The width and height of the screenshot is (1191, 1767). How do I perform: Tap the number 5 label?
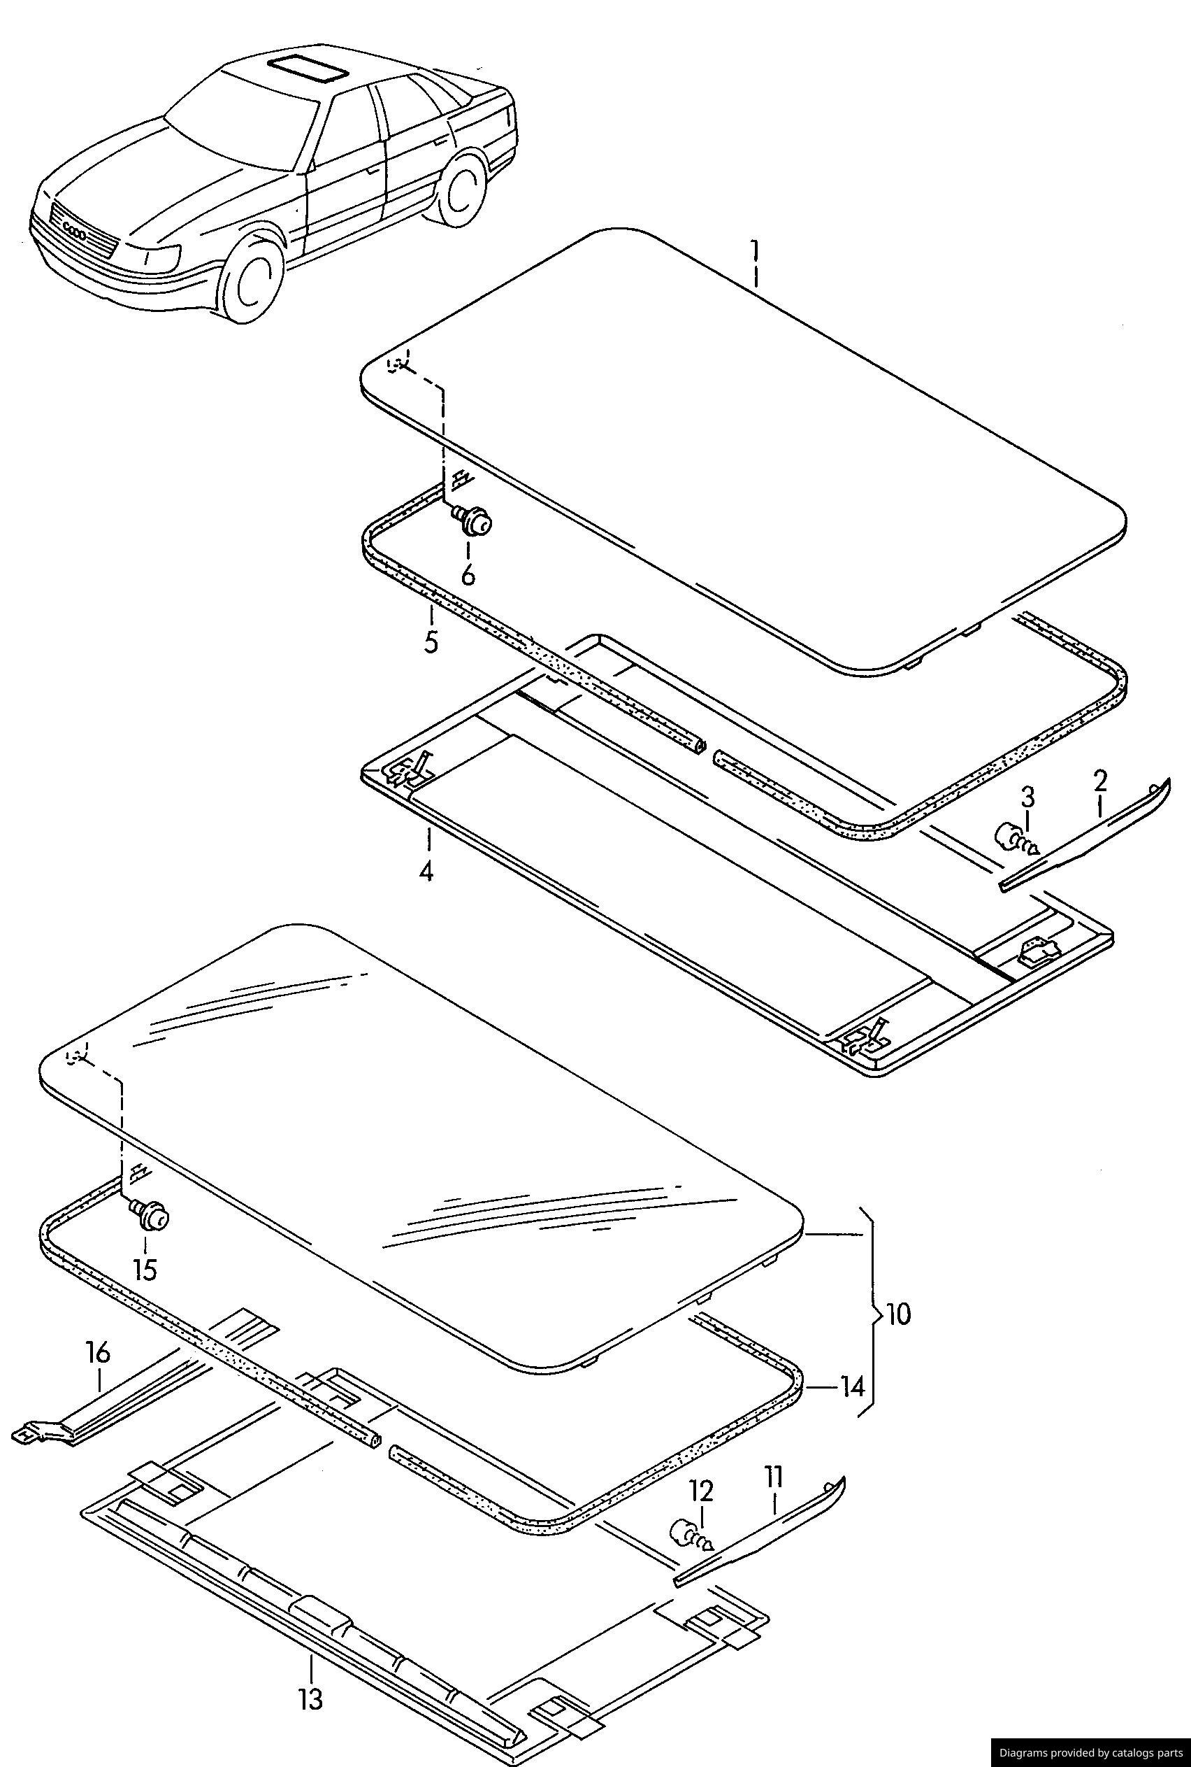(x=431, y=642)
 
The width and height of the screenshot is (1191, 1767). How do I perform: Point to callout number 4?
(x=426, y=870)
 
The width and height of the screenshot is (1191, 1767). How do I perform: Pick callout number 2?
(x=1101, y=781)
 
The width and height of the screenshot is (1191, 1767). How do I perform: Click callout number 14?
(x=851, y=1388)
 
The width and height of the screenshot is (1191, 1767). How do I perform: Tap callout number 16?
(x=97, y=1353)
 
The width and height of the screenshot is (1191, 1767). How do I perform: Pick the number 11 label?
(x=774, y=1478)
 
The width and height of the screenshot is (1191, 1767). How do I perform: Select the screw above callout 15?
(x=150, y=1216)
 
